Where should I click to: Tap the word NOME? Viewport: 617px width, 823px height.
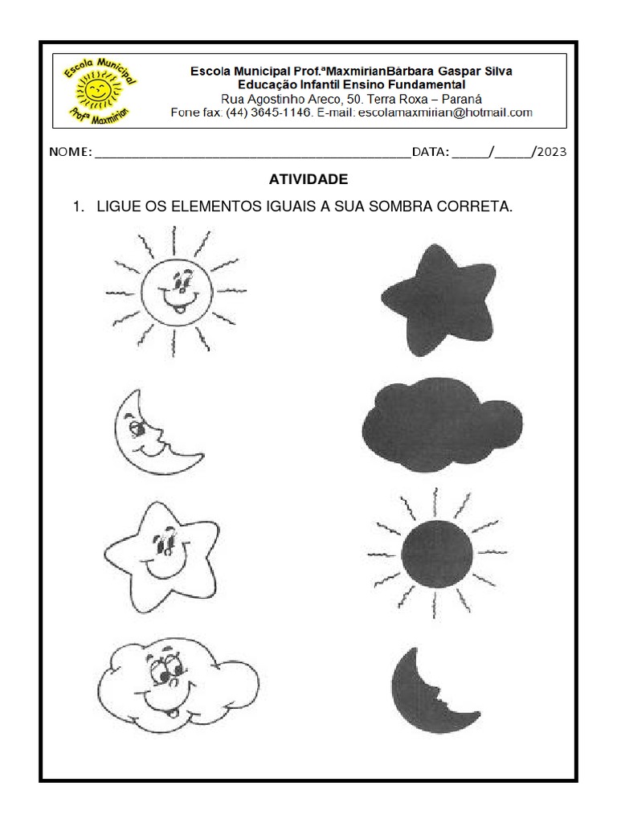tap(71, 152)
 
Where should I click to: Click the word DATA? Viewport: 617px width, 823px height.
tap(430, 152)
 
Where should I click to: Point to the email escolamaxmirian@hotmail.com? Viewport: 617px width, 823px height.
tap(445, 113)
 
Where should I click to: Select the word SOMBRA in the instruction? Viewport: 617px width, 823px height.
tap(401, 207)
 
